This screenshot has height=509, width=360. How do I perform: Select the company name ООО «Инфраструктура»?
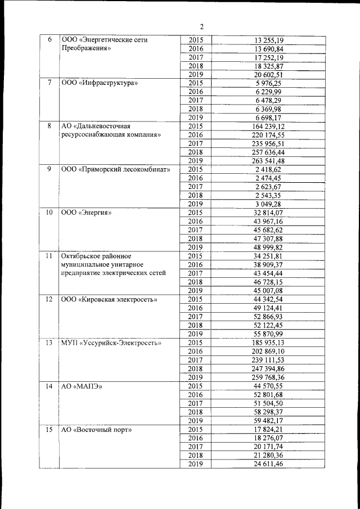[100, 83]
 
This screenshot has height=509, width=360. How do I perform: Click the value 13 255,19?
[269, 40]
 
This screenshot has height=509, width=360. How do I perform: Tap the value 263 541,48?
[269, 160]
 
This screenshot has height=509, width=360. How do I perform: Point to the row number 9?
[49, 169]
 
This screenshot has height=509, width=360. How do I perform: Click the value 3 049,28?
[269, 203]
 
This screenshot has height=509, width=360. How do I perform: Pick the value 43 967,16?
[269, 221]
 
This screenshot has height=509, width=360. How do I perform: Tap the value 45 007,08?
[269, 290]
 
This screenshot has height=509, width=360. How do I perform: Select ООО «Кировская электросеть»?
[109, 299]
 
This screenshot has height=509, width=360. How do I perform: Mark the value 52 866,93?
[269, 316]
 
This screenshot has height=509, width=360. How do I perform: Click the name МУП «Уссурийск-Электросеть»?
[111, 342]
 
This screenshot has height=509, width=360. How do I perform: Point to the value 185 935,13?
[269, 342]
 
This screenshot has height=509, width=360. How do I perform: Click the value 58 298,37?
[269, 412]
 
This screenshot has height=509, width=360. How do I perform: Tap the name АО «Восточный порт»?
[96, 429]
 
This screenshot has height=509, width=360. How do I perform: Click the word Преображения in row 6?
[85, 48]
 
